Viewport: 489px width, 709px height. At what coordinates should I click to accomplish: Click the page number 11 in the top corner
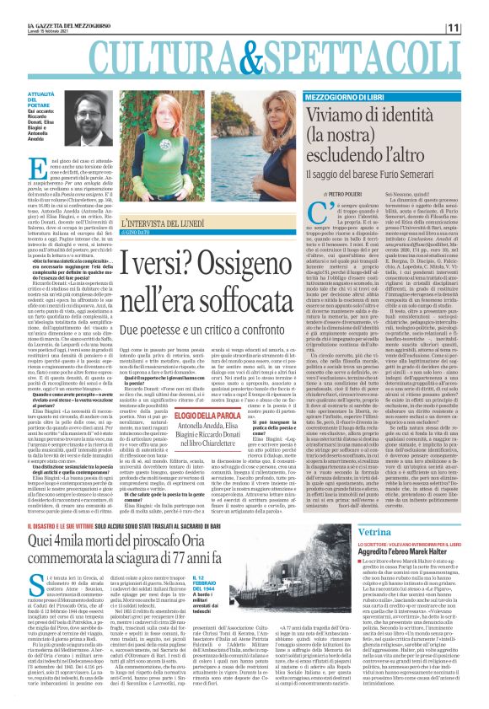click(476, 28)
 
